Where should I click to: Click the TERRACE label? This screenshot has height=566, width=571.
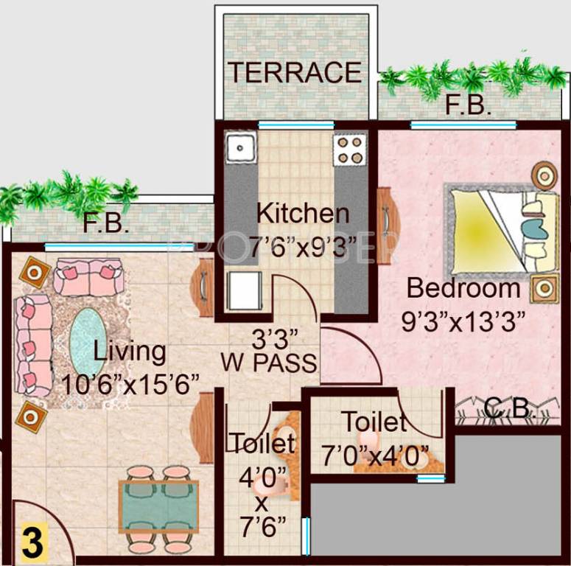pos(294,72)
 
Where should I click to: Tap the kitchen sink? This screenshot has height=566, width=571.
pos(239,150)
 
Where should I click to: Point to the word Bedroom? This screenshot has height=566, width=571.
pos(463,287)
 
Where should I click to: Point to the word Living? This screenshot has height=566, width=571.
pos(129,352)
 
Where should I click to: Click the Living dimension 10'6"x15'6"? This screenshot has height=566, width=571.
pos(132,383)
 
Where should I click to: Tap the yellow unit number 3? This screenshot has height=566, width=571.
pos(31,541)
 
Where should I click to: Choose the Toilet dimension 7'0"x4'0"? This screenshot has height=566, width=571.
pos(375,456)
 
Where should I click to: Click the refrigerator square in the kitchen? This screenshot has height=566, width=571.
pos(244,291)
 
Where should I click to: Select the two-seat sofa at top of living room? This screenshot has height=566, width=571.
pos(88,276)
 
